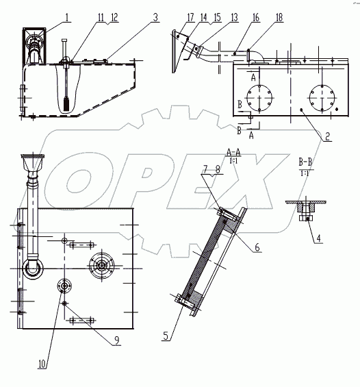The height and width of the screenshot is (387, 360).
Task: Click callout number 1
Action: pyautogui.click(x=67, y=18)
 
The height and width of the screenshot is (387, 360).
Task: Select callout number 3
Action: pyautogui.click(x=155, y=18)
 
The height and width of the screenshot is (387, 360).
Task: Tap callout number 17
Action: pyautogui.click(x=190, y=18)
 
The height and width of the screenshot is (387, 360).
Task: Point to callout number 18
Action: pyautogui.click(x=279, y=18)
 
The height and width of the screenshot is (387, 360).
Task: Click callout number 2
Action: pyautogui.click(x=327, y=136)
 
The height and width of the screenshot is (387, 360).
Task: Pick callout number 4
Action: pyautogui.click(x=318, y=238)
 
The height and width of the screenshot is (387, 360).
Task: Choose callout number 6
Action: pyautogui.click(x=257, y=247)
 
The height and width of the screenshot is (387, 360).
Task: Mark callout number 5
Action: pyautogui.click(x=166, y=336)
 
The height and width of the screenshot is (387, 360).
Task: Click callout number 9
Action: pyautogui.click(x=117, y=340)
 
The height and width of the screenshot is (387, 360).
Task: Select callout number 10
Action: pyautogui.click(x=42, y=364)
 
